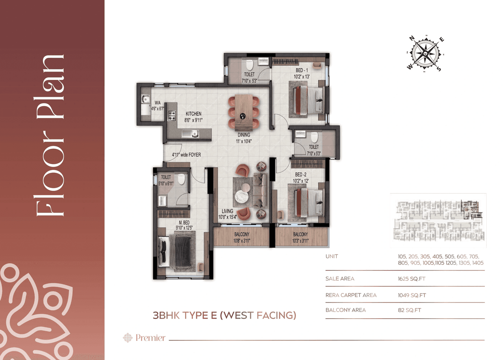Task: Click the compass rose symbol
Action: coord(425,54)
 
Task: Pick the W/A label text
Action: coord(157,103)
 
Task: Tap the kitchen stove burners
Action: coord(172,115)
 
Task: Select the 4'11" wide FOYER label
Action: coord(186,155)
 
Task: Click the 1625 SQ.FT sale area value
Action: coord(411,279)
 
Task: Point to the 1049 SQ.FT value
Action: coord(412,295)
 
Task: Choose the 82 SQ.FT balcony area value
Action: coord(409,310)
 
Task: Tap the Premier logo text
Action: coord(150,338)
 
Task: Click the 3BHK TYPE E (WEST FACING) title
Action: coord(224,315)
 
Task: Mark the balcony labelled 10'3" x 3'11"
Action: coord(300,237)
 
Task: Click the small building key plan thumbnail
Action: coord(438,220)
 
